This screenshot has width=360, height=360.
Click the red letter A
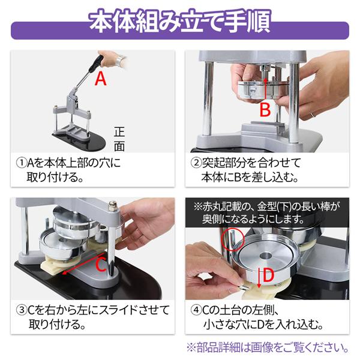point(101,79)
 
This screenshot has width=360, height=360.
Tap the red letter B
point(265,110)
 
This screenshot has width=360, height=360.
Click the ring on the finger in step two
point(313,113)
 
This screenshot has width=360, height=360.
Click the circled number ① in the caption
point(22,163)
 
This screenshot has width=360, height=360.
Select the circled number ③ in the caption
point(22,311)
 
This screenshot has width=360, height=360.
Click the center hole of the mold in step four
point(265,256)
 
